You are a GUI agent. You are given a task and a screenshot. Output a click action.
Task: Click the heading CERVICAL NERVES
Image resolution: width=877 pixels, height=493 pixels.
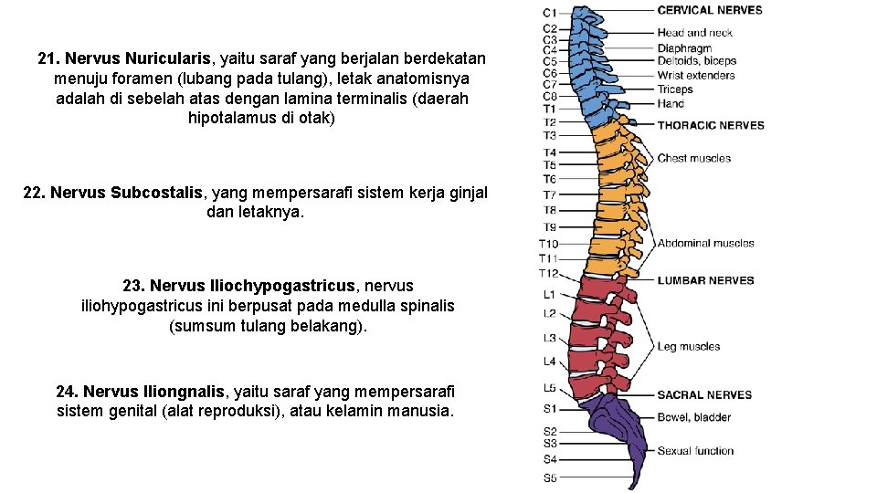(709, 10)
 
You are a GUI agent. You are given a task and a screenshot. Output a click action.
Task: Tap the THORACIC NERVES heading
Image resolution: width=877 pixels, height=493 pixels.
(711, 125)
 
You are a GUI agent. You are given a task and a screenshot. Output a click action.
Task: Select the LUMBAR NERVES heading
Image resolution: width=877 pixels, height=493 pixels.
(705, 280)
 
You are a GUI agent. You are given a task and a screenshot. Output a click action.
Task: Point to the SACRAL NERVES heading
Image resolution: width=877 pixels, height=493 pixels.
(704, 394)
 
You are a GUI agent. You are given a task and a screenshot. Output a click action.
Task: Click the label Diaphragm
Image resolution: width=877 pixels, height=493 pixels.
(684, 48)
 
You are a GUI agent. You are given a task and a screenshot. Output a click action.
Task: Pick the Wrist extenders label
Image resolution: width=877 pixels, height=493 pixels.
(696, 75)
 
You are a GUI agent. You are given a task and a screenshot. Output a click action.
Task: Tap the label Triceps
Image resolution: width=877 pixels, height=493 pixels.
(675, 89)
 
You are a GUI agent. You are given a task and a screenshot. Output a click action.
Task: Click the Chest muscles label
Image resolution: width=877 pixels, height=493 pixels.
(694, 159)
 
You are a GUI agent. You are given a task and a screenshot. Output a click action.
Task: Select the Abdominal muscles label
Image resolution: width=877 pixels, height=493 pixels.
(705, 243)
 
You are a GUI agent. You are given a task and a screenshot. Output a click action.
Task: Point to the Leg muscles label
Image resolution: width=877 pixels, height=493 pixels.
(689, 347)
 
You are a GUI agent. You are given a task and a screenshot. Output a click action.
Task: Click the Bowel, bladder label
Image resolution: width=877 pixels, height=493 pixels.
(694, 417)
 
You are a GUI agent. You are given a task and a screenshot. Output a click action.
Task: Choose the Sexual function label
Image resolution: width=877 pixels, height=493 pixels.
(695, 451)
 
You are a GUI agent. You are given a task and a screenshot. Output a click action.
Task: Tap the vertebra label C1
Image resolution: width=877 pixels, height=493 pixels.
(550, 13)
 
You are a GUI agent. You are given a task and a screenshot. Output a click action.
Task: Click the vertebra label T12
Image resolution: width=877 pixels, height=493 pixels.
(548, 274)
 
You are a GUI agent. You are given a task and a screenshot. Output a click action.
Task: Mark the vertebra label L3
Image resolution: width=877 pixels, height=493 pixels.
(550, 338)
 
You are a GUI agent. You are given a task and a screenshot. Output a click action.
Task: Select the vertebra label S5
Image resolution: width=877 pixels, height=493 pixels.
(550, 477)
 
